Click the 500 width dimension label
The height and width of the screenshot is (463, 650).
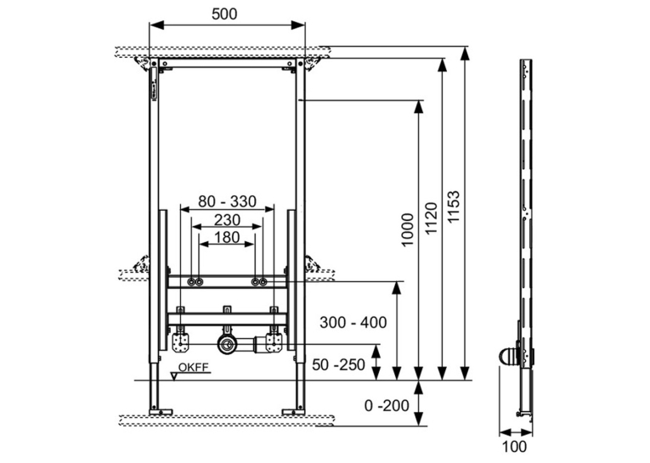pos(224,14)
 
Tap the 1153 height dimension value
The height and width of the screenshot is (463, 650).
pos(454,206)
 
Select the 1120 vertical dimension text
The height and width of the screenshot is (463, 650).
pos(431,218)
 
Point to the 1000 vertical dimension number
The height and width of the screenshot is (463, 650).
pos(409,229)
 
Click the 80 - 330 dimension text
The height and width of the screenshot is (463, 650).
pos(227,201)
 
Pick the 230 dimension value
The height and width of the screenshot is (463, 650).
pos(227,220)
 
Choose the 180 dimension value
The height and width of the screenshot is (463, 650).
pos(227,238)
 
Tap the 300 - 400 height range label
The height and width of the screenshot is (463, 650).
pos(353,322)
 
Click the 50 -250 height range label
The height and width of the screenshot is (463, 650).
pos(339,364)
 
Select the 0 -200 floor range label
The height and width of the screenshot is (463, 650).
pos(387,405)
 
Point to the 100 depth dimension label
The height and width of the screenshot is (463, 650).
pos(514,447)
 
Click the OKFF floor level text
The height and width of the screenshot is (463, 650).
pos(194,367)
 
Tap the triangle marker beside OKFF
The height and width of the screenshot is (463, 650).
pos(175,376)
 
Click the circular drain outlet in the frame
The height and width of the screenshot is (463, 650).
pos(226,344)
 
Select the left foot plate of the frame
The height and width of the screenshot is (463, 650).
pos(161,412)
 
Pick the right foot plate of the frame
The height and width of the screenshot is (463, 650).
pos(293,412)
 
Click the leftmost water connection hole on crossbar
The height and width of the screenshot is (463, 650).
pos(191,282)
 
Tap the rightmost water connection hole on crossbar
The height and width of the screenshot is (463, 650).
pos(263,282)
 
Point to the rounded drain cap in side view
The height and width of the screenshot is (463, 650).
pos(507,357)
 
